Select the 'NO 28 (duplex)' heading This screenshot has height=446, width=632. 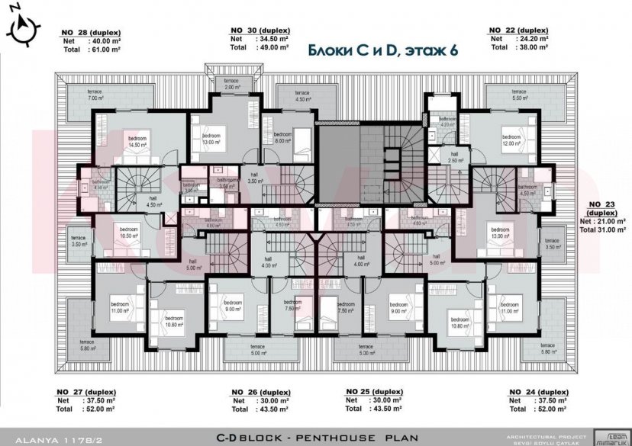[x=89, y=33]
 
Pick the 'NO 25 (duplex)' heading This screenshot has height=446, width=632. [x=374, y=391]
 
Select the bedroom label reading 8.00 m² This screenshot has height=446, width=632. [x=283, y=137]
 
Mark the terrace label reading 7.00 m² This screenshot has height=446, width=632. [x=95, y=95]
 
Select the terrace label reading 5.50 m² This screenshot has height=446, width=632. [x=520, y=95]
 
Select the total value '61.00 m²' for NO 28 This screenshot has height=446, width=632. [x=105, y=49]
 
